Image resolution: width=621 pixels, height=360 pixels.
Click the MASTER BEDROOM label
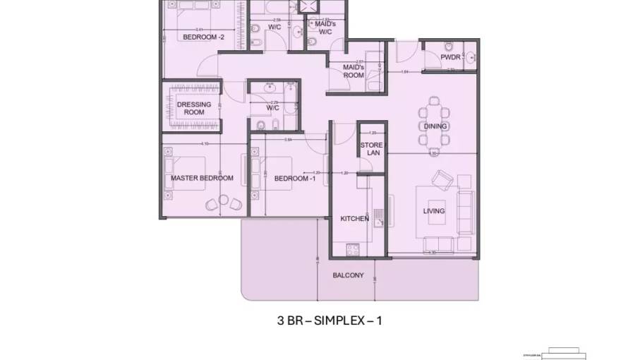tap(202, 178)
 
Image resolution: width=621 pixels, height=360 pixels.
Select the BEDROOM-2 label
tap(203, 37)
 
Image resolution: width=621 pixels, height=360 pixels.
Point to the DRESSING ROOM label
tap(194, 108)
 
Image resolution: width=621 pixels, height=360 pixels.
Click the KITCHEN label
tap(355, 219)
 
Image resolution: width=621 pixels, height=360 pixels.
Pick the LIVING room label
tap(434, 211)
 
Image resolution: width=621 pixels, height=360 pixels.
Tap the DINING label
tap(435, 127)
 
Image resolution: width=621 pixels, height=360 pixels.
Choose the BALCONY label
tap(349, 275)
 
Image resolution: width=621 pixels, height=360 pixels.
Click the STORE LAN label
tap(371, 149)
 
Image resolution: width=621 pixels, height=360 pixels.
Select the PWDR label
tap(450, 56)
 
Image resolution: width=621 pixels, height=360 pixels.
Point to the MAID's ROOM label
tap(354, 71)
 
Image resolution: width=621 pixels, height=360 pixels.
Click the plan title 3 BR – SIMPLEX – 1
tap(330, 320)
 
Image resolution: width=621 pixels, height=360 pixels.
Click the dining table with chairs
tap(433, 128)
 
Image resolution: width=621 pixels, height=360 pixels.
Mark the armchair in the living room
tap(444, 181)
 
